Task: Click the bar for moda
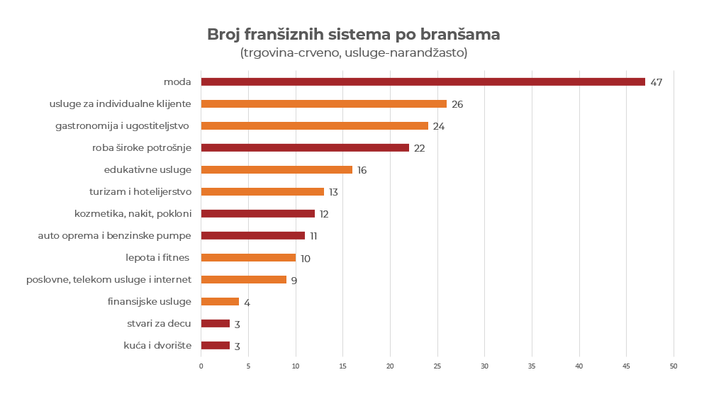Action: pos(423,81)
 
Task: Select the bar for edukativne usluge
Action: pos(277,169)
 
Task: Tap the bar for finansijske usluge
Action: pos(220,301)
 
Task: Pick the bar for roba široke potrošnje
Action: pos(305,147)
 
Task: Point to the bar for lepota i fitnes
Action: pos(248,257)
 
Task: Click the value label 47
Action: pos(656,82)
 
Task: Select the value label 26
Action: pos(457,104)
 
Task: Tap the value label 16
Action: pos(362,170)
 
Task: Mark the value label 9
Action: pos(294,280)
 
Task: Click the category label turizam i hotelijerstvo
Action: pos(140,191)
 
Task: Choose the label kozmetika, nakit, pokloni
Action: pos(133,213)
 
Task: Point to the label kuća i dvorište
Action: pos(157,345)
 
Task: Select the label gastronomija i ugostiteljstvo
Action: pos(122,125)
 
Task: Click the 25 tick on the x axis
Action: pos(437,366)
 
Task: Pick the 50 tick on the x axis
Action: pos(674,366)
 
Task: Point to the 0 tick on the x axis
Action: pos(201,366)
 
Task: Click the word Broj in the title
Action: pos(223,34)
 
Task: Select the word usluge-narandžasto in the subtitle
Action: pos(406,53)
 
